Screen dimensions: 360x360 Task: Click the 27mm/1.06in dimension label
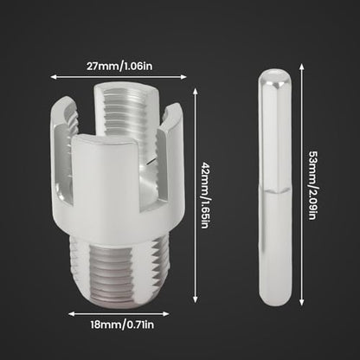(119, 67)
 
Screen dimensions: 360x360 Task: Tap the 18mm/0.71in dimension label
(122, 325)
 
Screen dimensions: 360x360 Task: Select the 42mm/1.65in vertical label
(205, 196)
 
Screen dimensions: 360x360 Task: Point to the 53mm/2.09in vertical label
(313, 185)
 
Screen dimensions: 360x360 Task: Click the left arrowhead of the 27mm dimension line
(54, 77)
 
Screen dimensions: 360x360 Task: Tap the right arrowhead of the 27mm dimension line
(183, 77)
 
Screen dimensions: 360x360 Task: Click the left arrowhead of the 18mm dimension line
(71, 314)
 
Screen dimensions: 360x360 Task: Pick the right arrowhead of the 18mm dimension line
(166, 314)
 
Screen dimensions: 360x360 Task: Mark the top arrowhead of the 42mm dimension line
(196, 92)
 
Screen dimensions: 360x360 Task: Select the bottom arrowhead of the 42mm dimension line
(196, 299)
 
